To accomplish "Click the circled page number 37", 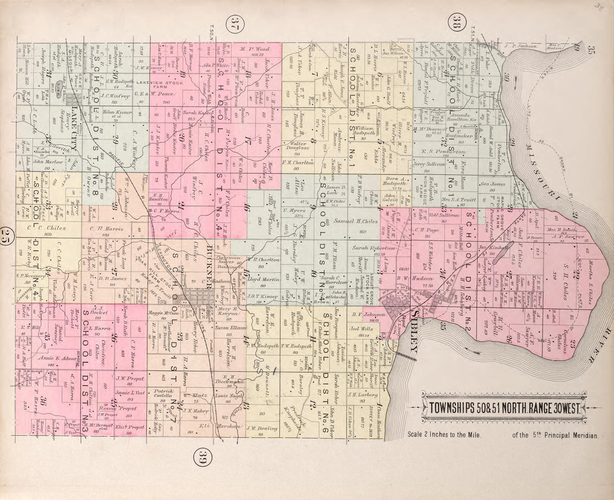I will click(234, 26).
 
